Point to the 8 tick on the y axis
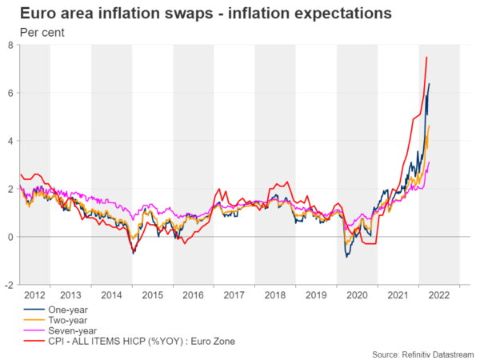click(x=9, y=45)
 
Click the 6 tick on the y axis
click(x=9, y=93)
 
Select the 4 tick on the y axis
click(x=9, y=141)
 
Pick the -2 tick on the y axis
click(x=7, y=285)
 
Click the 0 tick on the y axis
click(x=9, y=237)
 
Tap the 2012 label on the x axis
click(x=34, y=295)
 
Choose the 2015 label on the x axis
click(x=152, y=295)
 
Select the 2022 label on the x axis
click(x=438, y=295)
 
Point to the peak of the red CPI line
click(x=426, y=57)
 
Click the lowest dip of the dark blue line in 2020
click(x=346, y=257)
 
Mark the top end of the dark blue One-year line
click(x=430, y=84)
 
